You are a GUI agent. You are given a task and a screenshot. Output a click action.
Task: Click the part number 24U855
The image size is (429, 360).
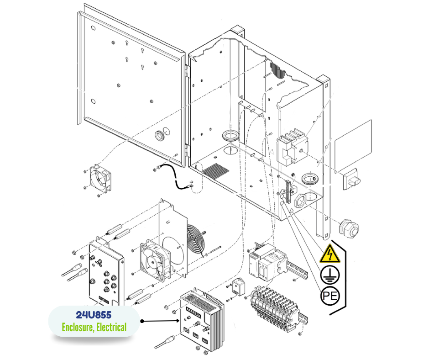(94, 315)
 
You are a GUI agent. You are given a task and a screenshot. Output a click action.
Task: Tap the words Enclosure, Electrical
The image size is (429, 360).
(94, 328)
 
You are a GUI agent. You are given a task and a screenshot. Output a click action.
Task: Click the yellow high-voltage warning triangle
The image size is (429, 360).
(330, 254)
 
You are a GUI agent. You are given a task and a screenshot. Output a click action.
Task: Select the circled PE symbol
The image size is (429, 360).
(330, 296)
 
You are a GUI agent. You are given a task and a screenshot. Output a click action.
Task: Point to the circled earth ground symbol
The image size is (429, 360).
(330, 275)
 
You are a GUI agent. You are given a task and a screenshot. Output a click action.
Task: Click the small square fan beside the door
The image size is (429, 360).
(100, 178)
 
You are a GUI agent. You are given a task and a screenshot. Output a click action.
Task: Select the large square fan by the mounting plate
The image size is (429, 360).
(155, 260)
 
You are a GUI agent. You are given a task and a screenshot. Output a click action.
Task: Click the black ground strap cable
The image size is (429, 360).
(175, 176)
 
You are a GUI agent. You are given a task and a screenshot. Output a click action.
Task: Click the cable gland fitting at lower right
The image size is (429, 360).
(349, 227)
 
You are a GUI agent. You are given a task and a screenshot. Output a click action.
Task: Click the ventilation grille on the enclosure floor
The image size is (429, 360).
(216, 171)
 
